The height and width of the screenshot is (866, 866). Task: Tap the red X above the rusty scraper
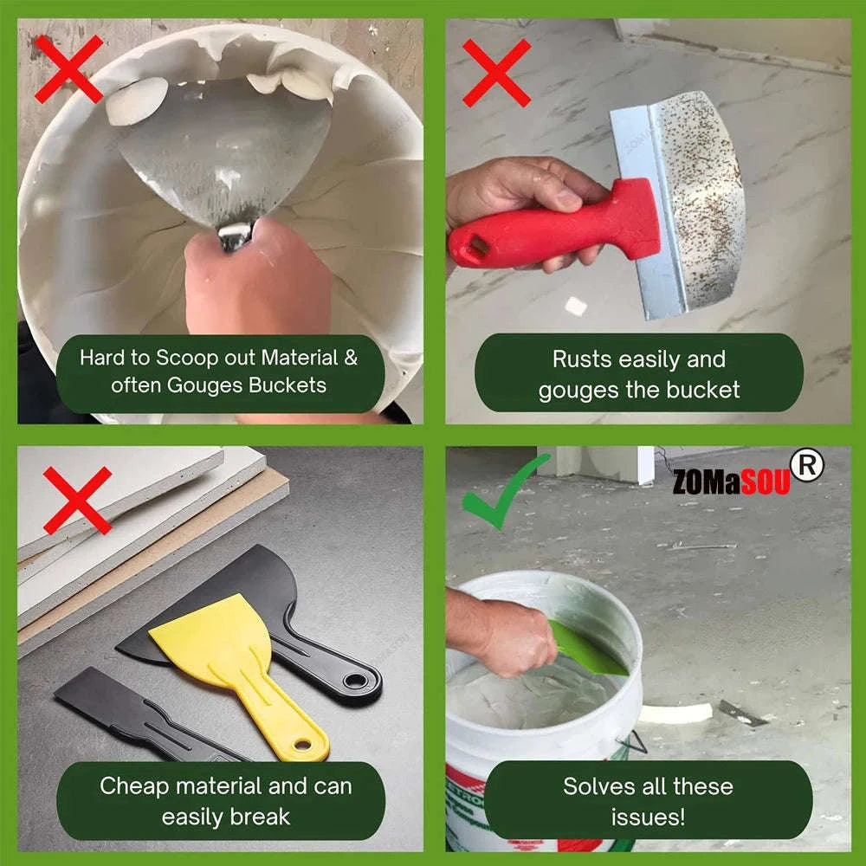coord(496,73)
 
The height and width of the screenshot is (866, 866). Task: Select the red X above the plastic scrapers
coord(77,500)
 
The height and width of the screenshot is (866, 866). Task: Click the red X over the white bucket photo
coord(68,68)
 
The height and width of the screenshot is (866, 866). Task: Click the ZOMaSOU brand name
coord(731,481)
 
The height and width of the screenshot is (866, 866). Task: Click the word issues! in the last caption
coord(648,816)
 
